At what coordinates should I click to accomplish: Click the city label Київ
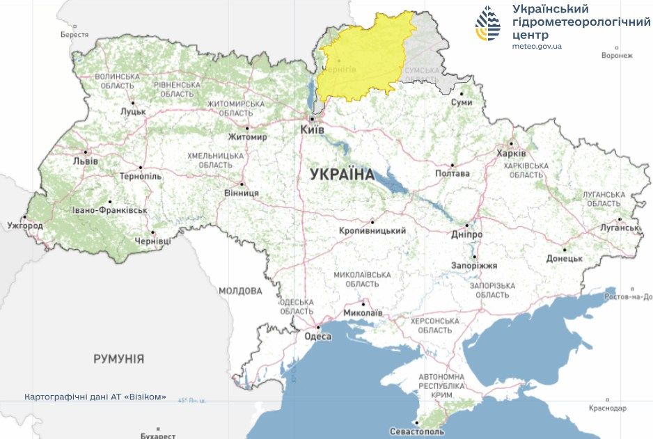pos(311,130)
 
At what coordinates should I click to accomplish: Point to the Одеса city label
pos(319,336)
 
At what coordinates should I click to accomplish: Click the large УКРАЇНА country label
pos(342,174)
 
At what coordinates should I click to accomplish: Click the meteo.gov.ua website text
pos(537,46)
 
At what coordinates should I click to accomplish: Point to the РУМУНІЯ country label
pos(119,359)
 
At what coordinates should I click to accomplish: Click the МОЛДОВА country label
pos(240,291)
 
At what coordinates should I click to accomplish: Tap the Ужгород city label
pos(25,226)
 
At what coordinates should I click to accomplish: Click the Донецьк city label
pos(564,258)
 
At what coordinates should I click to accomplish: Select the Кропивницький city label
pos(372,230)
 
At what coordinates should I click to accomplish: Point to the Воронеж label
pos(617,56)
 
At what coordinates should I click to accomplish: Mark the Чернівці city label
pos(152,241)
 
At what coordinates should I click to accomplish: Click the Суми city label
pos(461,102)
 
